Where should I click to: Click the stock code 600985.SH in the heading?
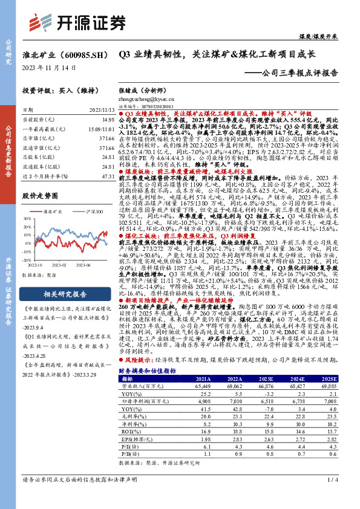[x=81, y=54]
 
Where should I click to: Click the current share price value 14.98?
[x=109, y=120]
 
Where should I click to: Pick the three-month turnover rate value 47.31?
[x=109, y=176]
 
